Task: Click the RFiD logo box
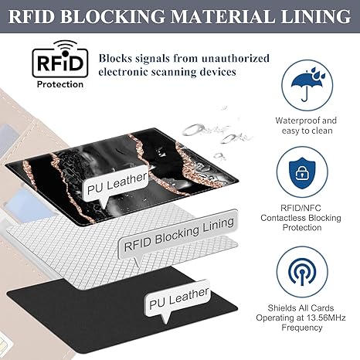click(x=60, y=63)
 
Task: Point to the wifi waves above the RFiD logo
click(x=65, y=46)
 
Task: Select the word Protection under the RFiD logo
click(x=60, y=84)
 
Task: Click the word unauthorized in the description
click(x=236, y=59)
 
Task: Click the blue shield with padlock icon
click(x=302, y=172)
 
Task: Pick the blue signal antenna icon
click(x=302, y=272)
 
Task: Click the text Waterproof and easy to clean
click(x=306, y=125)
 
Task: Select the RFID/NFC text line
click(x=301, y=208)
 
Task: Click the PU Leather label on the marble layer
click(x=117, y=183)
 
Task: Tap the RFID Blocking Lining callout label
click(x=179, y=234)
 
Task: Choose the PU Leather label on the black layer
click(x=179, y=297)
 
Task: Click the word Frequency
click(x=302, y=328)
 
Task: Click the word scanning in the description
click(x=173, y=72)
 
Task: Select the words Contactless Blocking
click(x=301, y=218)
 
